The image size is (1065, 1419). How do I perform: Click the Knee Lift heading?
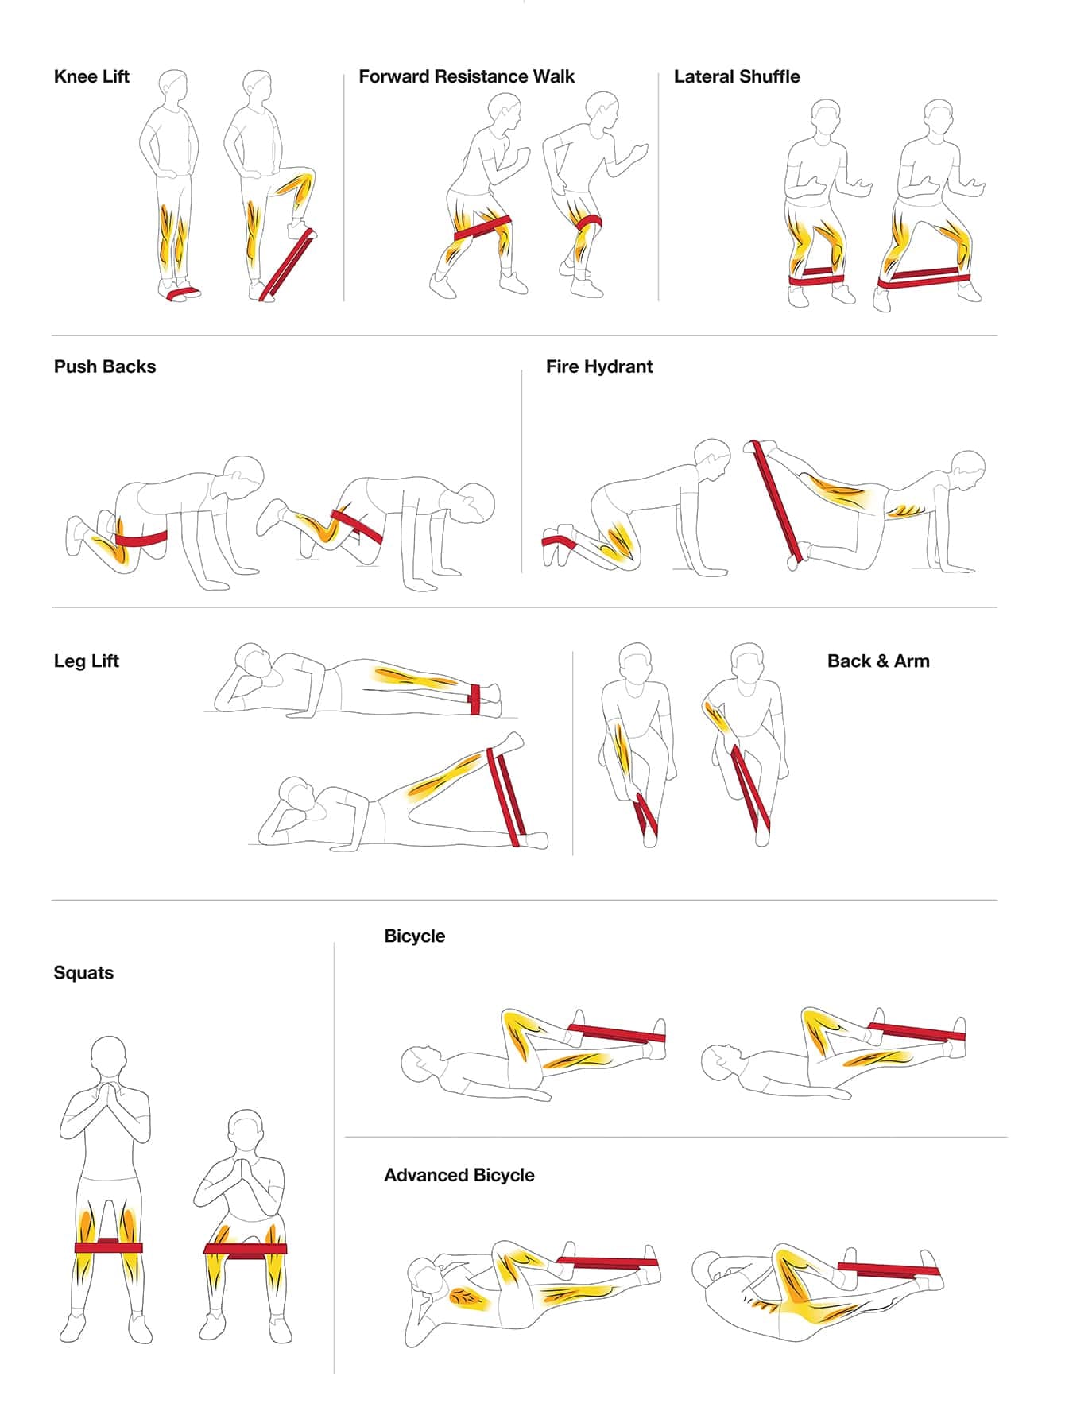[x=91, y=76]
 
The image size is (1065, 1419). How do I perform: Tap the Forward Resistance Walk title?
[x=467, y=76]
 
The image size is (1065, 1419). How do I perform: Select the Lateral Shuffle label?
[x=737, y=76]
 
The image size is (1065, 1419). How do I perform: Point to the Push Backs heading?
[x=105, y=366]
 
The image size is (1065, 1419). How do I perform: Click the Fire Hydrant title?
[x=599, y=366]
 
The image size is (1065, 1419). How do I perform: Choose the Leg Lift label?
[x=87, y=661]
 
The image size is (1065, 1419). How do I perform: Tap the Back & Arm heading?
[x=878, y=661]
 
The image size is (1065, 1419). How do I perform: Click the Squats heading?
[x=83, y=973]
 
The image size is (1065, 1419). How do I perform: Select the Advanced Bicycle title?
[x=459, y=1175]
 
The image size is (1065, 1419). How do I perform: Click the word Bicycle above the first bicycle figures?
[x=414, y=936]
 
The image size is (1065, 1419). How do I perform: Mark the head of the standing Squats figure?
[x=108, y=1057]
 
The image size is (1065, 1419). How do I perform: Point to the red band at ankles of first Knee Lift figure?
[x=183, y=293]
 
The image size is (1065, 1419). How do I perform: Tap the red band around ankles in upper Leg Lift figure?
[x=474, y=698]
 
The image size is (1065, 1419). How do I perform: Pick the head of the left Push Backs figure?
[x=243, y=476]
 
